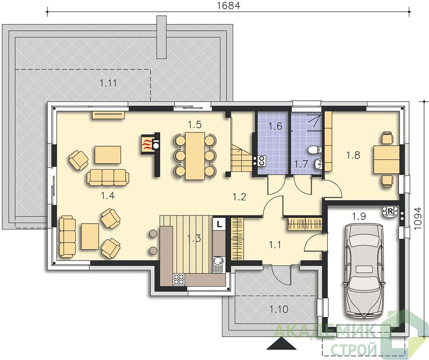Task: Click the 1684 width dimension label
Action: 228,5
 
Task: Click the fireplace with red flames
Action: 148,143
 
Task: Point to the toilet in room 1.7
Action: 315,150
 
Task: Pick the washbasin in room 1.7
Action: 318,164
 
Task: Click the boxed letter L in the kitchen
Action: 219,224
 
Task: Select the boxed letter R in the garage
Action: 390,211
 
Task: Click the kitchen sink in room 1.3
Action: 218,264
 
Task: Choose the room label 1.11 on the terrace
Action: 108,83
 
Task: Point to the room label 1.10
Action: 279,310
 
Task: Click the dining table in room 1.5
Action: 195,156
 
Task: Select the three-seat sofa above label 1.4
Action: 108,177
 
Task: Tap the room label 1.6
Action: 275,126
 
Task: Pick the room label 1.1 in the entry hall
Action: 275,245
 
